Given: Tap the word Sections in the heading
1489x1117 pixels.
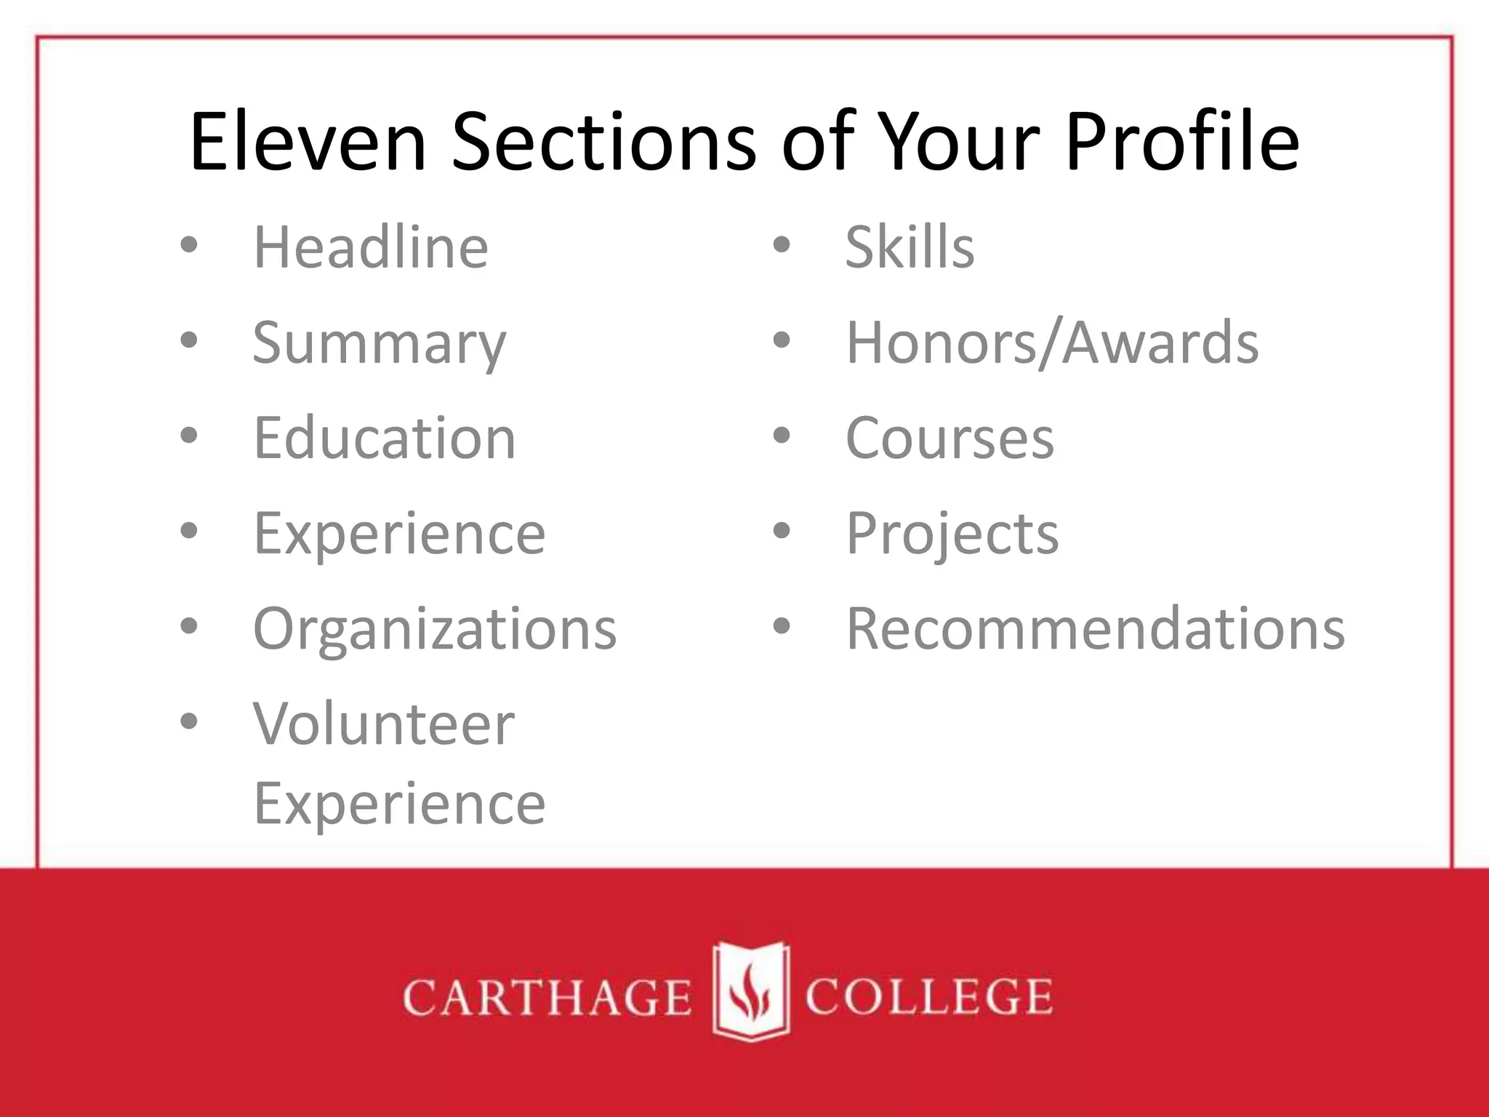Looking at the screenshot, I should click(x=604, y=141).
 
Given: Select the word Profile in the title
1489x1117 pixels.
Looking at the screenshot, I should click(x=1182, y=141).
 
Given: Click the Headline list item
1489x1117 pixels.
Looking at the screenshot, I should click(x=370, y=247).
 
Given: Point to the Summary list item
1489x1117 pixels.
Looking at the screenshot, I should click(x=379, y=343).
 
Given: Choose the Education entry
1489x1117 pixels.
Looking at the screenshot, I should click(x=384, y=439).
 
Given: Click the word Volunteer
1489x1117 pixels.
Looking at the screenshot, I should click(x=383, y=724).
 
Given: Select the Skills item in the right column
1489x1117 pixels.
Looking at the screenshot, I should click(x=910, y=247).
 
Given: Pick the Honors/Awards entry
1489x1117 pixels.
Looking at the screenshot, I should click(x=1052, y=343).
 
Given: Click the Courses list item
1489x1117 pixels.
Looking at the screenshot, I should click(x=950, y=439).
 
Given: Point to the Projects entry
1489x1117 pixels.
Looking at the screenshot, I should click(x=952, y=534).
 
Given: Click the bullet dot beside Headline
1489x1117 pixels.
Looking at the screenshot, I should click(x=189, y=246).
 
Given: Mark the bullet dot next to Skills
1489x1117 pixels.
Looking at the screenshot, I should click(x=782, y=246).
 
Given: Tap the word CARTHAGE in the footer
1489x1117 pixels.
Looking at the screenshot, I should click(x=547, y=997).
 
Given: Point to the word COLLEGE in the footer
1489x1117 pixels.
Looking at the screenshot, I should click(x=928, y=997).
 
